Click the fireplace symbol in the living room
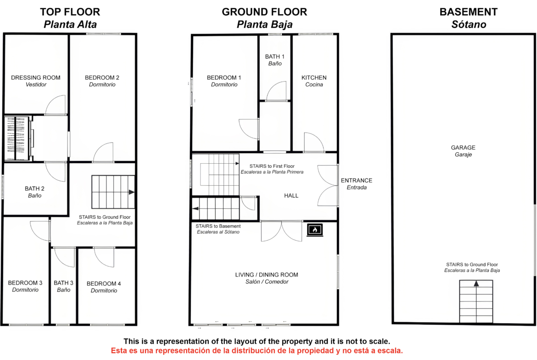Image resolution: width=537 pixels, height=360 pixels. tap(315, 230)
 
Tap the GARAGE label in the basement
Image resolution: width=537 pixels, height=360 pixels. tap(463, 148)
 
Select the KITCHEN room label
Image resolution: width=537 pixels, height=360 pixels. tap(314, 78)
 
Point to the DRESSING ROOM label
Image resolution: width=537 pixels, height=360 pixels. tap(36, 78)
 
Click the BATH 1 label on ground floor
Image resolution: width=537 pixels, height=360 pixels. tap(274, 56)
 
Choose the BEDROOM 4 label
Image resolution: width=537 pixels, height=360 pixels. tap(104, 284)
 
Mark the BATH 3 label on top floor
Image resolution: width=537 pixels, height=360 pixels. tap(63, 283)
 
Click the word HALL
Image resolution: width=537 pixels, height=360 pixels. tap(291, 196)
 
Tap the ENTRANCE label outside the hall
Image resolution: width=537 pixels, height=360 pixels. tap(357, 180)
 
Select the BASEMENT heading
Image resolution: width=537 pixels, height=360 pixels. tap(469, 12)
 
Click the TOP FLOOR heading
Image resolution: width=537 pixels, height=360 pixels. tap(70, 12)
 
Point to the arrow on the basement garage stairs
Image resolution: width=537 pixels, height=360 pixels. tap(476, 284)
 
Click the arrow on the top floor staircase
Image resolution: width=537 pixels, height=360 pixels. tap(132, 192)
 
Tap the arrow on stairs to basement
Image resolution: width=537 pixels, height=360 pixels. tap(196, 208)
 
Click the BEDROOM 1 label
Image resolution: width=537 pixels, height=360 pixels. tap(224, 78)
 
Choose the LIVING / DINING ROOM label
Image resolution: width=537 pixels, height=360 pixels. tap(267, 275)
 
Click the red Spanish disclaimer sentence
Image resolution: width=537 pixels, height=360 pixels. tap(257, 351)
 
